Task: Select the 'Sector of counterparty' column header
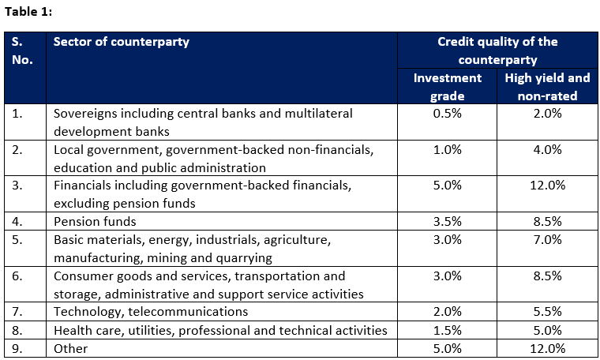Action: [x=121, y=42]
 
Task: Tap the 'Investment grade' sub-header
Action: [x=448, y=87]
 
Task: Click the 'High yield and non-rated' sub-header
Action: [x=547, y=87]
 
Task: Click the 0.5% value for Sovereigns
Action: [x=448, y=114]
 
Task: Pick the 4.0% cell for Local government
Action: [x=547, y=149]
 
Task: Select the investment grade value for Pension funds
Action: [x=448, y=222]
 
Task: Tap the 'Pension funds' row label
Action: [x=95, y=222]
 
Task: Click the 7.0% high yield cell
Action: [x=547, y=240]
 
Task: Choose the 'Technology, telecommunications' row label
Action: [x=150, y=312]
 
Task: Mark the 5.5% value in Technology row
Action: [x=547, y=312]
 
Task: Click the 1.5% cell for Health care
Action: [x=448, y=330]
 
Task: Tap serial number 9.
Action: [x=17, y=348]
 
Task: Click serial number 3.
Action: [x=17, y=186]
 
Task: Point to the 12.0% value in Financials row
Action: [x=547, y=186]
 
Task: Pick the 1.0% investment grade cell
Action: [x=448, y=149]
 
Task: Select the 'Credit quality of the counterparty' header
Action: [x=497, y=51]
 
